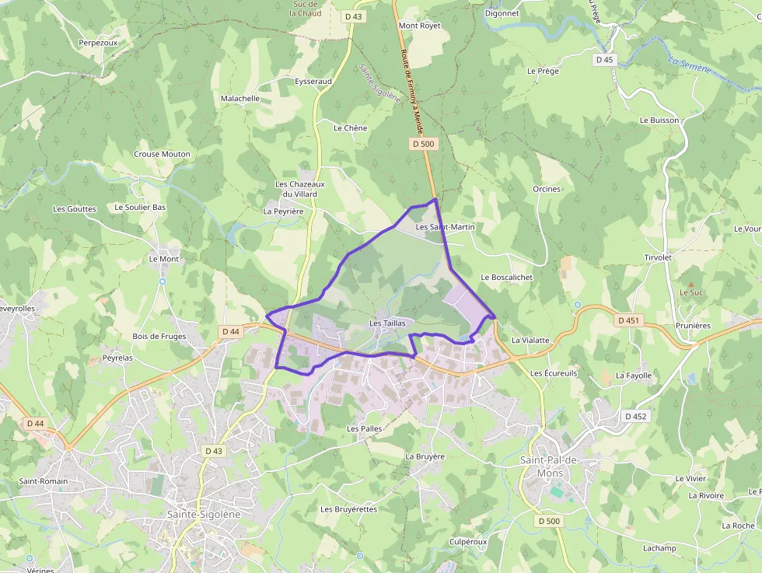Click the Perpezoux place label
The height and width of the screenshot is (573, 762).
coord(98,43)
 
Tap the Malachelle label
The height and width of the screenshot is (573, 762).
coord(240,99)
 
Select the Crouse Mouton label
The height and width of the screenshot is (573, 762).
coord(162,154)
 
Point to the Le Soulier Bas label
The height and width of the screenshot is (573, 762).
coord(140,208)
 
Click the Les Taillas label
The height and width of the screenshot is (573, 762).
coord(387,323)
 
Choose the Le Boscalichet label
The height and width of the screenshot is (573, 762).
coord(506,277)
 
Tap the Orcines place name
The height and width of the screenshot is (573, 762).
coord(547,189)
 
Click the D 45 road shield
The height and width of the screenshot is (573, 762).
coord(604,60)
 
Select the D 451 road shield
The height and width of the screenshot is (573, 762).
coord(628,320)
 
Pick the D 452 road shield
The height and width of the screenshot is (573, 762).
coord(635,417)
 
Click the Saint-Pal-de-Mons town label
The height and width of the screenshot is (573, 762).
coord(550,466)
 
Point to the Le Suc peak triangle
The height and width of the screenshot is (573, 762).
coord(690,285)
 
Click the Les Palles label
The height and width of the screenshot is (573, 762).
coord(364,428)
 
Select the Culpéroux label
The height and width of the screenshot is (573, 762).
coord(468,541)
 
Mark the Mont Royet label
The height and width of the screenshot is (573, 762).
coord(419,26)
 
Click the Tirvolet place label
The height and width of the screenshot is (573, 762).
coord(658,257)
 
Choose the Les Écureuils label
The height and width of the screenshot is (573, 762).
coord(554,373)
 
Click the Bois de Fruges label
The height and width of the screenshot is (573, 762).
coord(159,336)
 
